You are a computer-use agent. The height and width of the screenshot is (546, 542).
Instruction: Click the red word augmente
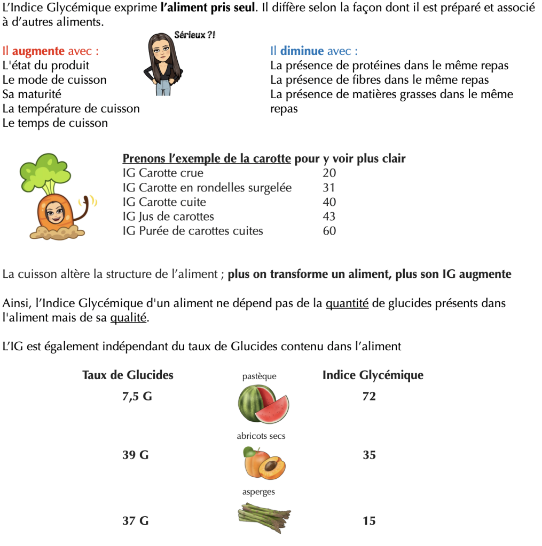coord(38,51)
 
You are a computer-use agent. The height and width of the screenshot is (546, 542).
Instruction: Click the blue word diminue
coord(302,51)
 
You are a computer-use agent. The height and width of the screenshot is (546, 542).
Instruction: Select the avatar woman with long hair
coord(162,64)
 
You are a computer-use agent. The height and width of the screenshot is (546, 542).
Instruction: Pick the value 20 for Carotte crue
coord(329,173)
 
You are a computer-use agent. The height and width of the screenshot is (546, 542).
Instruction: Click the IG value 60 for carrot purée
coord(329,231)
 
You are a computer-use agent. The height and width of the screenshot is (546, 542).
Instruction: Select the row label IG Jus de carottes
coord(168,216)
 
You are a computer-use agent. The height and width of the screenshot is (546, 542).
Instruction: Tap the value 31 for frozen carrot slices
coord(329,188)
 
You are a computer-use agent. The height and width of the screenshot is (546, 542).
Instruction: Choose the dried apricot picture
coord(264,463)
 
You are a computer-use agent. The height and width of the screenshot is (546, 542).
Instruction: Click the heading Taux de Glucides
coord(128,375)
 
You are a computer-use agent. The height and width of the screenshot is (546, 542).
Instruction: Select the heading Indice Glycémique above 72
coord(373,375)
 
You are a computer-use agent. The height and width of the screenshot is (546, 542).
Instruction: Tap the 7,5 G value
coord(137,396)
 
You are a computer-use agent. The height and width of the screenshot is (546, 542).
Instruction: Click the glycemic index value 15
coord(369,520)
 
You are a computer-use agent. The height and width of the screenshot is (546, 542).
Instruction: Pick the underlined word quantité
coord(347,303)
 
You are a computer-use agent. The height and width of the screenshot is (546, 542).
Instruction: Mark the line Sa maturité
coord(32,94)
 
